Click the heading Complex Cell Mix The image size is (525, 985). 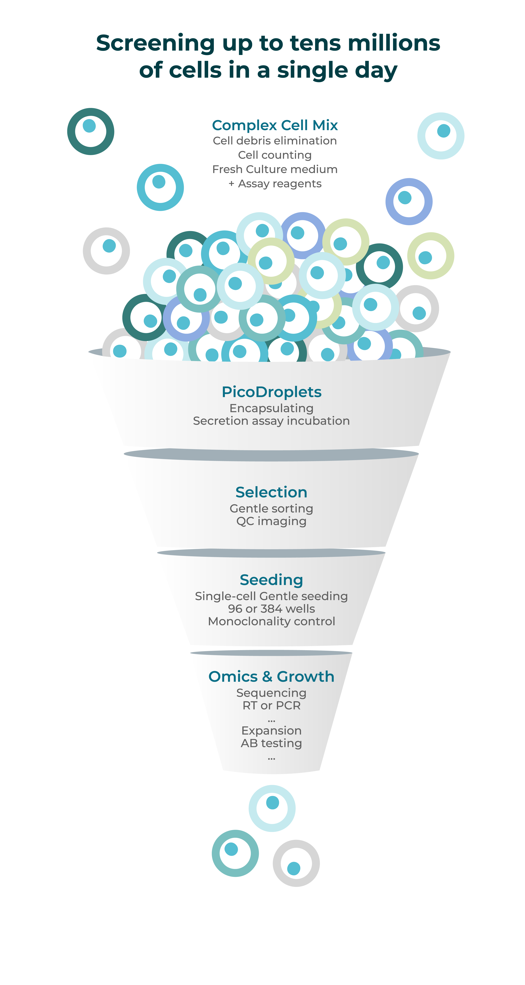275,125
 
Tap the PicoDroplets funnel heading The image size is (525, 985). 271,392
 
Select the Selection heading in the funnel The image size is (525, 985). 271,492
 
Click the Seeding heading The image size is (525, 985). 271,580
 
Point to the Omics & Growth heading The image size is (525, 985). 271,676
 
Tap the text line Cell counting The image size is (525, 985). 275,155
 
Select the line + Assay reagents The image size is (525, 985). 275,184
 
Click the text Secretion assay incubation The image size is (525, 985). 271,421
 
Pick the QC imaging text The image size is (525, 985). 271,521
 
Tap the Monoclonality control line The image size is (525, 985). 271,621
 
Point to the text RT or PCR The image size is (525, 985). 271,705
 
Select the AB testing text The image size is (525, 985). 271,743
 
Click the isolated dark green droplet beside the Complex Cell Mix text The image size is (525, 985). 91,132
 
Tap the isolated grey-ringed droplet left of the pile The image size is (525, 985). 106,251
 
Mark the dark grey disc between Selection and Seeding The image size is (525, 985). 271,553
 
